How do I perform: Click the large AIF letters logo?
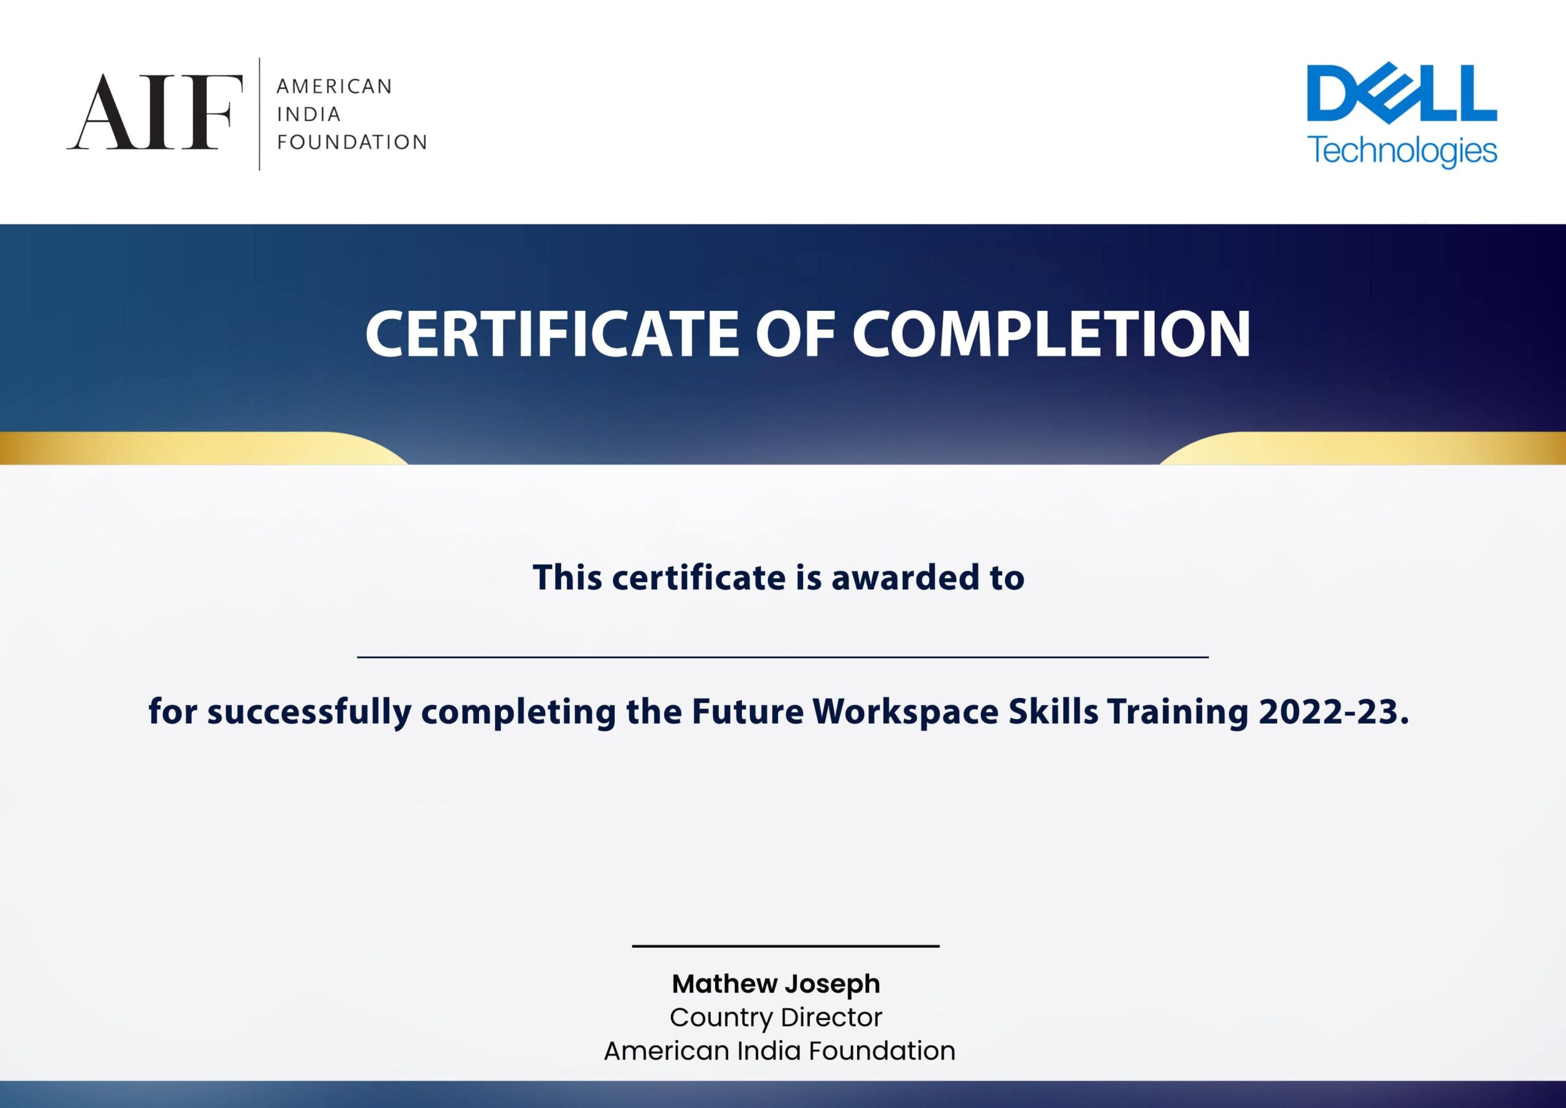[155, 112]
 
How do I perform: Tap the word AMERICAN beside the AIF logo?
[334, 87]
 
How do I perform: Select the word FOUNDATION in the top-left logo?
[352, 142]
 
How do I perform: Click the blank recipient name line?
[783, 657]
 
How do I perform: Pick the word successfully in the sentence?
[310, 712]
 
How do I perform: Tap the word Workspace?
[906, 712]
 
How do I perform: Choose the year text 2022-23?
[1334, 711]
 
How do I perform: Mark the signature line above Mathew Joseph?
[785, 946]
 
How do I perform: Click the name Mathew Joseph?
[776, 984]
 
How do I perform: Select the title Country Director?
[776, 1017]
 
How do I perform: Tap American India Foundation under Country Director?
[779, 1050]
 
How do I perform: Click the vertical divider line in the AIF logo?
[260, 114]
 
